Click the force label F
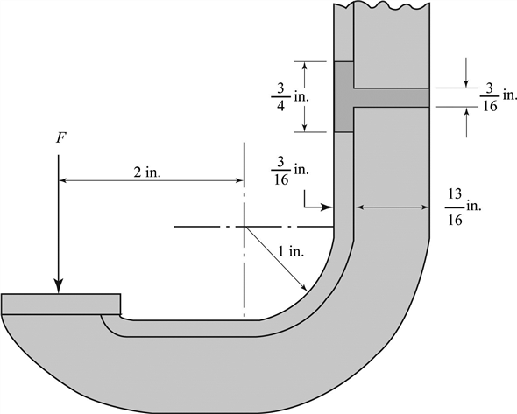pos(59,139)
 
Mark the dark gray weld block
pos(343,96)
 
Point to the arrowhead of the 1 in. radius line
pos(304,288)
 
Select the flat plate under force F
pos(61,303)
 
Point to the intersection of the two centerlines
pos(244,227)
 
